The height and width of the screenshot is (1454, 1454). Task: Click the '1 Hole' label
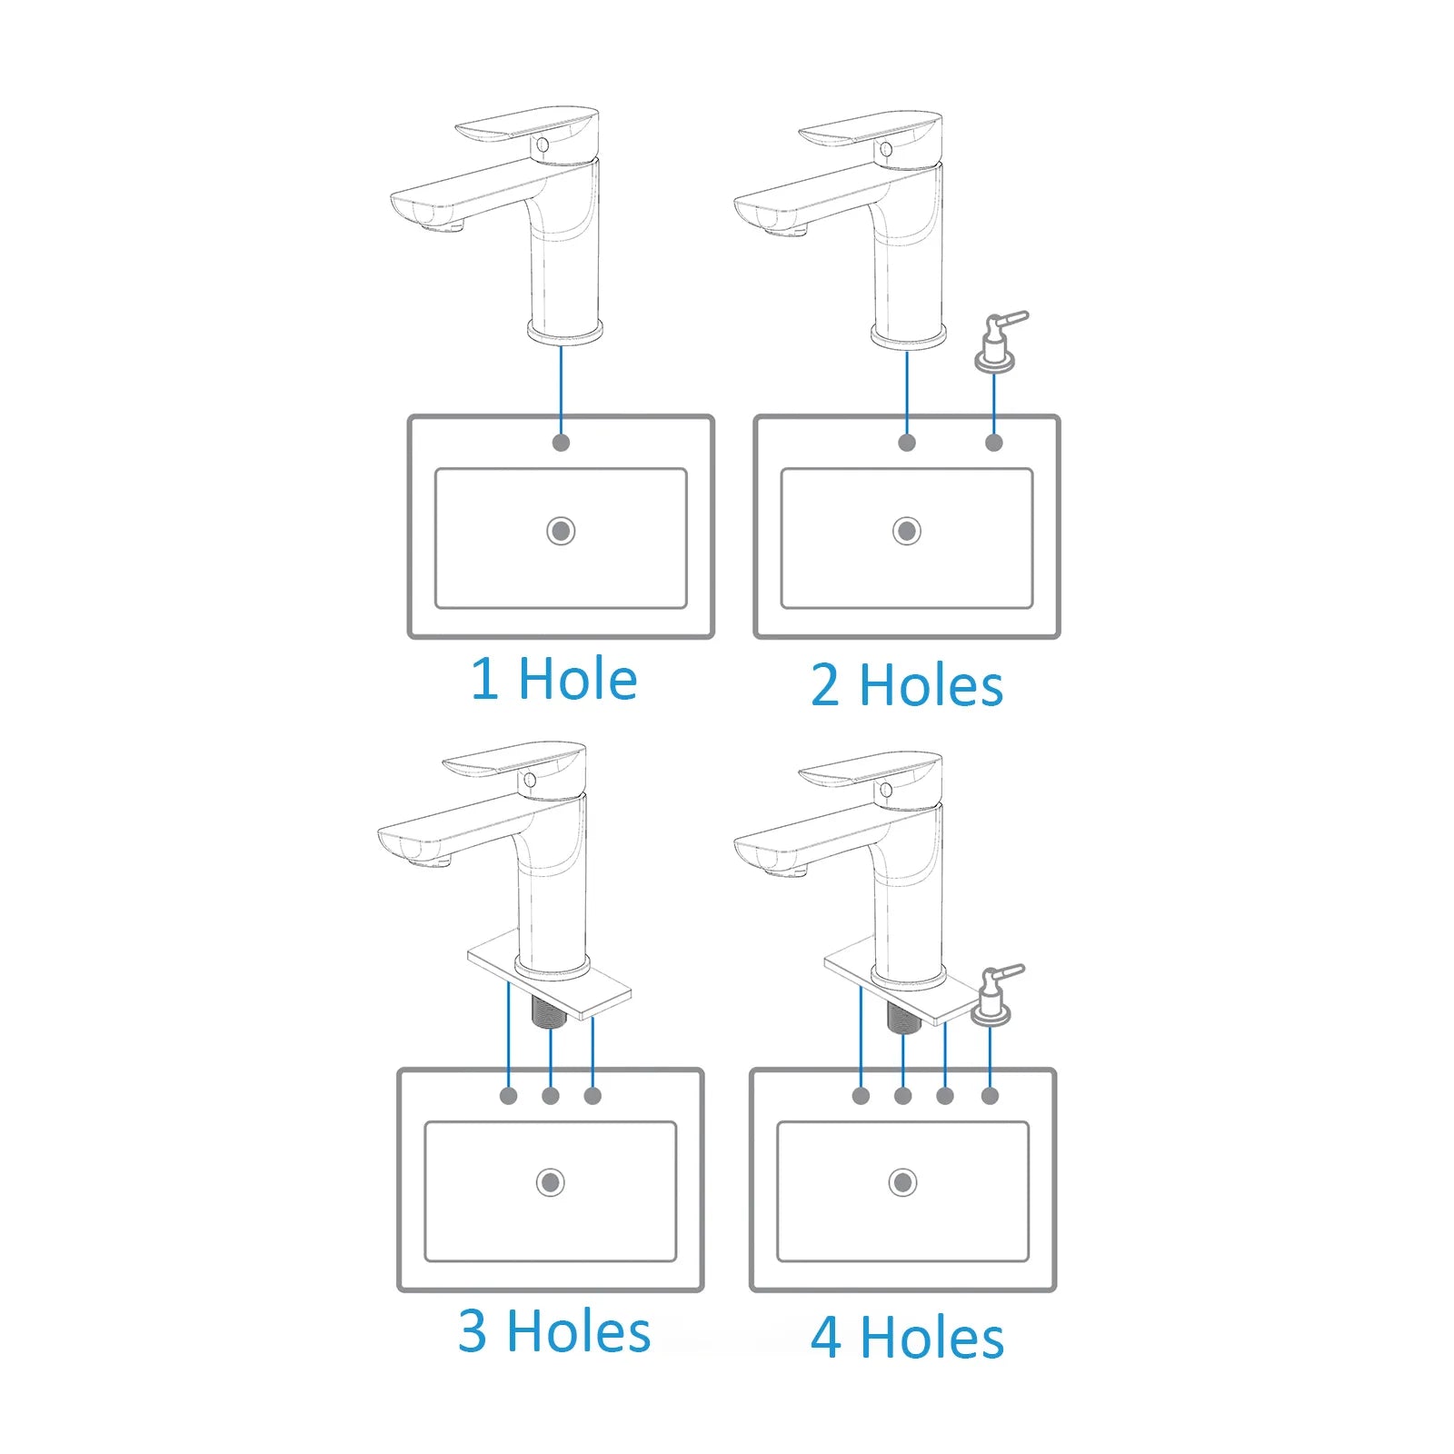tap(553, 679)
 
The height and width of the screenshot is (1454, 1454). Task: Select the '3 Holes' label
tap(554, 1331)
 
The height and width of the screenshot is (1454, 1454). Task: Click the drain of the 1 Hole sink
tap(561, 531)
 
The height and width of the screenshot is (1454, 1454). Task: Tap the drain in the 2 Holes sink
tap(906, 531)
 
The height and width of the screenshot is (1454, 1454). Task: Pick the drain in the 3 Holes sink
tap(550, 1182)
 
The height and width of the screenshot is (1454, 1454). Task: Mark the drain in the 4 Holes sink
tap(902, 1182)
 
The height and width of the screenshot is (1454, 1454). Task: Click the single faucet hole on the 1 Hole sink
tap(561, 443)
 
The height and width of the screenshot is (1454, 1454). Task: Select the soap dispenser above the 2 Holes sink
tap(998, 342)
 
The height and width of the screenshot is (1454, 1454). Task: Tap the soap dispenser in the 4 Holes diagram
tap(994, 996)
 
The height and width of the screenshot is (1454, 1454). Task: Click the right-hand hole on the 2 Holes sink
tap(993, 443)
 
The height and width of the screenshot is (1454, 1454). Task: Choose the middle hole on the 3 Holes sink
tap(550, 1096)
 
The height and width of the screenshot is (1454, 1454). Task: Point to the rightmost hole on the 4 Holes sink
tap(990, 1096)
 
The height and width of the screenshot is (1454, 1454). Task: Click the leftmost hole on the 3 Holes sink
tap(508, 1096)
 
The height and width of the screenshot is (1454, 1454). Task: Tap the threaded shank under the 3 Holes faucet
tap(549, 1011)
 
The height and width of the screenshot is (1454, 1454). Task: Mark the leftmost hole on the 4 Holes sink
tap(861, 1096)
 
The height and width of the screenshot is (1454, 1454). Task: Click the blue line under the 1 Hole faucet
tap(561, 391)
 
